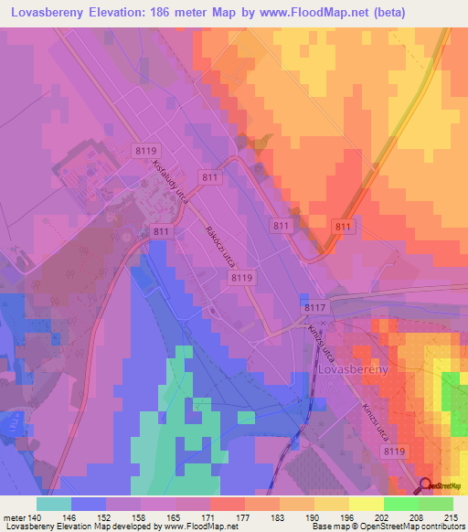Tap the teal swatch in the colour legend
(x=54, y=503)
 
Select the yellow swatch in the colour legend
(x=367, y=503)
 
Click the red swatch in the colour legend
(x=228, y=503)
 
